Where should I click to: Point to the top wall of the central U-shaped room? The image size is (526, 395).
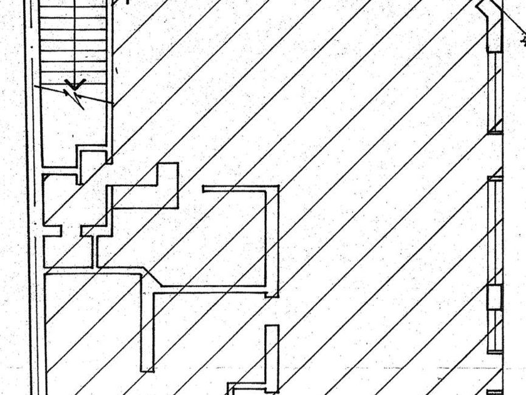[240, 187]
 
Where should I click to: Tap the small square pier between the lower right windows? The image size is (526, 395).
[495, 297]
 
